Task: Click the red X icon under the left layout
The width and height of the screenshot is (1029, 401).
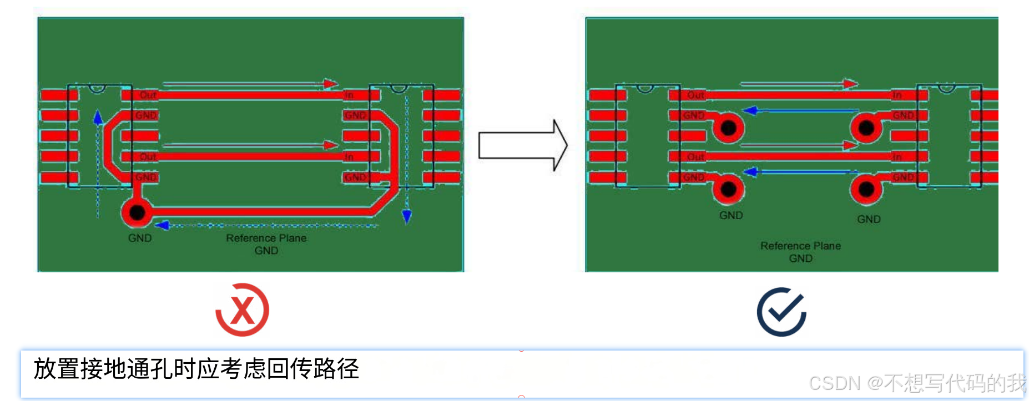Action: tap(243, 310)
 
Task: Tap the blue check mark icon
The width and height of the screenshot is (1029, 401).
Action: tap(781, 312)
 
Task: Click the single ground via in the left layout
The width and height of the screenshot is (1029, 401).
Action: tap(137, 212)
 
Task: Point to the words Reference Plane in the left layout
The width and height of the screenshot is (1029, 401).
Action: tap(266, 238)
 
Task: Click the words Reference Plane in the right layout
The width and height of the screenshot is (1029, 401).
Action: tap(800, 246)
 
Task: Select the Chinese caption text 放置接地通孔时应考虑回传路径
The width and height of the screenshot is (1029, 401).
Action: tap(196, 369)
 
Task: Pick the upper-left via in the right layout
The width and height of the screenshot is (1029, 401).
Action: tap(728, 128)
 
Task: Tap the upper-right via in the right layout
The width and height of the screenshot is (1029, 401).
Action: tap(866, 128)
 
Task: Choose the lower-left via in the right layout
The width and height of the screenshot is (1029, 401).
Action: tap(728, 189)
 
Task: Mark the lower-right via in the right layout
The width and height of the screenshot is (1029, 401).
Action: tap(866, 190)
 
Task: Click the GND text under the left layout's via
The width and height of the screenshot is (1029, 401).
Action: tap(140, 238)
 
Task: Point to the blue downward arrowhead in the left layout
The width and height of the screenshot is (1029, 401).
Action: tap(407, 216)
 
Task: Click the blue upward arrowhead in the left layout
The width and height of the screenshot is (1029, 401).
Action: tap(98, 117)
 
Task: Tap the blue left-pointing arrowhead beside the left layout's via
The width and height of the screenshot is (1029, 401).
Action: tap(162, 225)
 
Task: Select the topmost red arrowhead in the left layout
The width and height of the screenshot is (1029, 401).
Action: tap(331, 84)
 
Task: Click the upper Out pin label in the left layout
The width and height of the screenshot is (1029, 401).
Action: tap(148, 95)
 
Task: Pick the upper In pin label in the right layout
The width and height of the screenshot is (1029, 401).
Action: tap(897, 95)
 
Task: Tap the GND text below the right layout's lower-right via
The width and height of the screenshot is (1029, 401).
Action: tap(869, 219)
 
